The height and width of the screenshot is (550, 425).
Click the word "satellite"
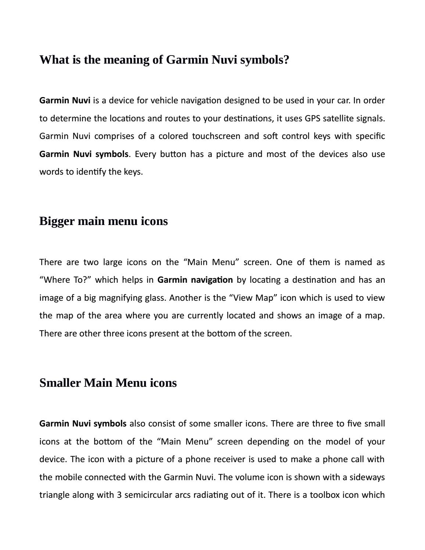(x=337, y=118)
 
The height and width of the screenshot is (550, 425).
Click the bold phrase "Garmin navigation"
(x=195, y=280)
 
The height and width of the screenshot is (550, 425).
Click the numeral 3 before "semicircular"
(x=119, y=495)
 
